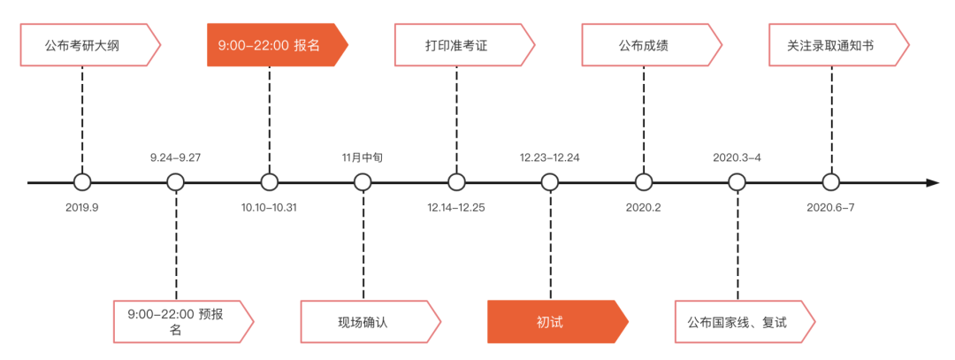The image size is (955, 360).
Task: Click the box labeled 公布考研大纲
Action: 88,45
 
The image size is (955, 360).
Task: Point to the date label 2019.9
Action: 82,208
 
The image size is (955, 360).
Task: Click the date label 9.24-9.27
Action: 176,157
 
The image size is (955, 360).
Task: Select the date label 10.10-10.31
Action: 270,208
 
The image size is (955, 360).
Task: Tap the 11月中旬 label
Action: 363,157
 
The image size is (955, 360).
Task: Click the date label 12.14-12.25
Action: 456,208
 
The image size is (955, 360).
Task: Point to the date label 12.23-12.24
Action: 550,157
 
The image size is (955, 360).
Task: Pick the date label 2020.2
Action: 643,208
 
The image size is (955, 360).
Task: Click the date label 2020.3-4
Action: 737,157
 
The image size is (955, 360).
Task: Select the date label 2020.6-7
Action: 830,208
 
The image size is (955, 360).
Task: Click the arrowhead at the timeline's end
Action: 932,183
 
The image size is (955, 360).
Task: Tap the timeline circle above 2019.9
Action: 82,183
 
